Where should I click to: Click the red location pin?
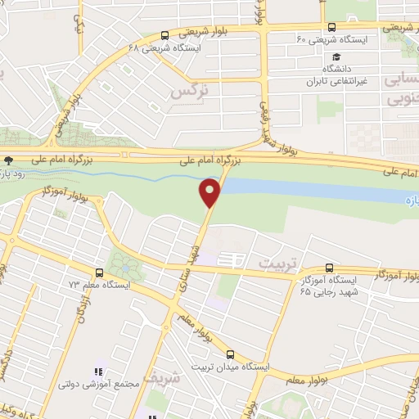pyautogui.click(x=210, y=192)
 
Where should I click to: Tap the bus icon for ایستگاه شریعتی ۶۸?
pyautogui.click(x=166, y=36)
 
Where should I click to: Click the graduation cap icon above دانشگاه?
pyautogui.click(x=336, y=55)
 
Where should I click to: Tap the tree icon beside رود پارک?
pyautogui.click(x=8, y=160)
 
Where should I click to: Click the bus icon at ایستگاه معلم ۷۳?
pyautogui.click(x=99, y=273)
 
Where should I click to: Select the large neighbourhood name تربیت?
pyautogui.click(x=281, y=264)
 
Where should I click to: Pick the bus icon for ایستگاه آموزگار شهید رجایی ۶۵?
pyautogui.click(x=330, y=268)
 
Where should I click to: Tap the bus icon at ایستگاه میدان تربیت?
pyautogui.click(x=230, y=355)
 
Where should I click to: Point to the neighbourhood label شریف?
pyautogui.click(x=160, y=379)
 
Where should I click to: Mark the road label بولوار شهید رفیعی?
pyautogui.click(x=264, y=123)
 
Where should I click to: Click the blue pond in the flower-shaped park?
pyautogui.click(x=124, y=261)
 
